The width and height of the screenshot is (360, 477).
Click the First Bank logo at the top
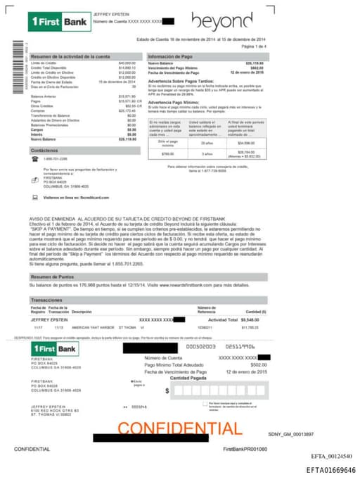pos(59,23)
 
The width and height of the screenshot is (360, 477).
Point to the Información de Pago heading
pos(169,56)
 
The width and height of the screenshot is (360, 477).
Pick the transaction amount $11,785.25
pos(250,327)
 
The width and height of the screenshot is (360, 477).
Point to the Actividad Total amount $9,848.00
pos(249,319)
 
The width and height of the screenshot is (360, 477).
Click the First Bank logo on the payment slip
pos(55,349)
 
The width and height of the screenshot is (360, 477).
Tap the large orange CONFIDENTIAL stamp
pos(180,427)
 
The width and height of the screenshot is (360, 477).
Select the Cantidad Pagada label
pos(187,378)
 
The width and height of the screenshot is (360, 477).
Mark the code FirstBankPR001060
pos(245,448)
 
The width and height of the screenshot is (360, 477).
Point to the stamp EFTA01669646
pos(330,470)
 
